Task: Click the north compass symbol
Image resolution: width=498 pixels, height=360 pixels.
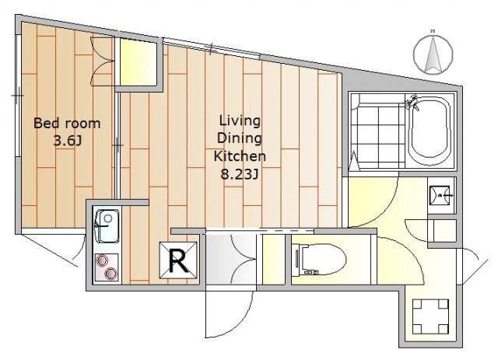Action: [433, 54]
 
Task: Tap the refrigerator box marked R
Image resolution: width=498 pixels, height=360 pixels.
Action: [178, 260]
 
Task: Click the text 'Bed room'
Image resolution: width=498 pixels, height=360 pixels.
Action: [67, 123]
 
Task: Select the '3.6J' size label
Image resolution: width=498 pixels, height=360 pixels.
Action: [68, 141]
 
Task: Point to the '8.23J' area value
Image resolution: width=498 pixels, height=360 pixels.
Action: [240, 174]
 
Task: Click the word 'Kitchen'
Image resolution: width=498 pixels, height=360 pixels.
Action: [240, 156]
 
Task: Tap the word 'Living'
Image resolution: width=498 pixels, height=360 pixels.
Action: [240, 121]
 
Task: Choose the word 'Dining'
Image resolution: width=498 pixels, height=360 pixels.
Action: [240, 138]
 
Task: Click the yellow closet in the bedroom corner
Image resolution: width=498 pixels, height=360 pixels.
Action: [139, 62]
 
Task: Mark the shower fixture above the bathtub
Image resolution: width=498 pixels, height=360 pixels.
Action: [412, 102]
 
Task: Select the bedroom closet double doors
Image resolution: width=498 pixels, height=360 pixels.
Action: [102, 61]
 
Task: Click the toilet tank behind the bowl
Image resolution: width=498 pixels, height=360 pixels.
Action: [297, 259]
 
